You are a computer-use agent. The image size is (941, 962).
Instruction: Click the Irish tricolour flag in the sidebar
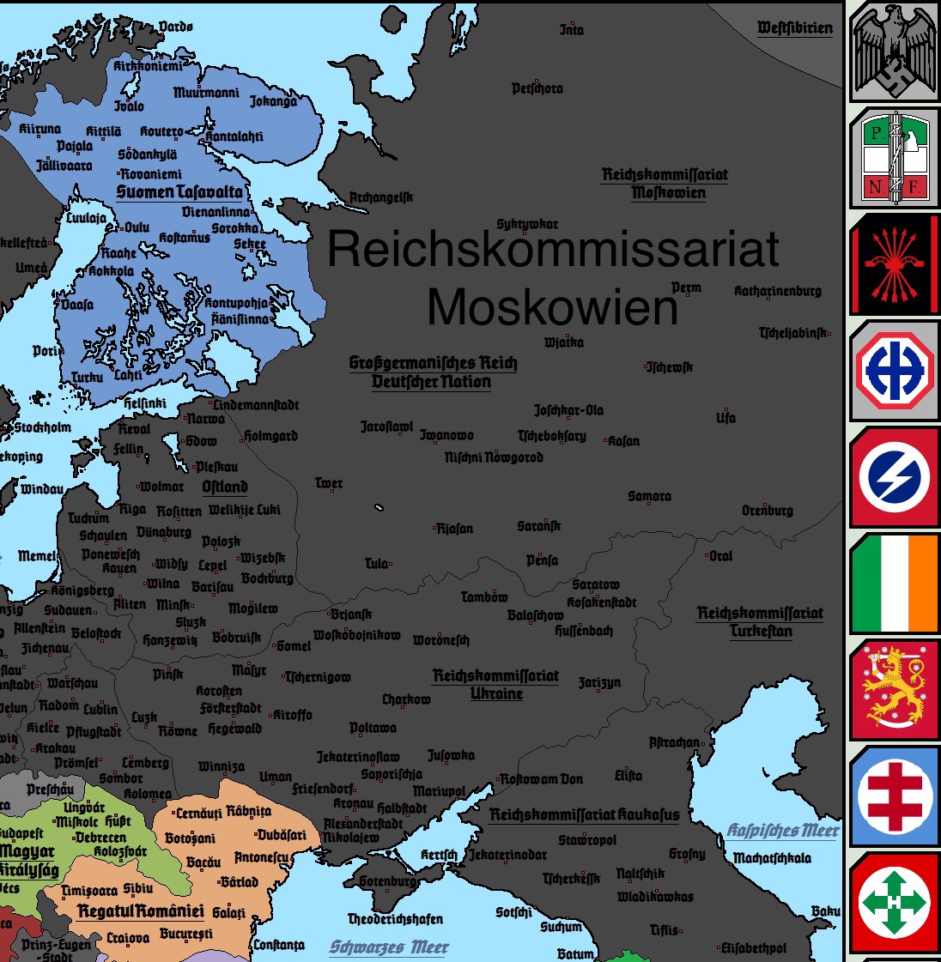pyautogui.click(x=894, y=584)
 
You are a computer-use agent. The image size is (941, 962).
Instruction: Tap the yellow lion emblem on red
pyautogui.click(x=894, y=690)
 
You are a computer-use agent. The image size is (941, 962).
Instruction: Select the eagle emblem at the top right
pyautogui.click(x=894, y=51)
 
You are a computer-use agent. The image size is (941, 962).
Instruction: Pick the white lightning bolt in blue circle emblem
pyautogui.click(x=894, y=476)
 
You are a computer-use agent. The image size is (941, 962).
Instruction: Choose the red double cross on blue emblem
pyautogui.click(x=894, y=797)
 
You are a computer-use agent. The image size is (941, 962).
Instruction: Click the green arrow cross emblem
pyautogui.click(x=894, y=903)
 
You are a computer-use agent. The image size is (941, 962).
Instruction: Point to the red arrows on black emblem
pyautogui.click(x=894, y=264)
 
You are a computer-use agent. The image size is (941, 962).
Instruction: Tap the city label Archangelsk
pyautogui.click(x=380, y=198)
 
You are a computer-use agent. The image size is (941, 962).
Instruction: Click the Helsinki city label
pyautogui.click(x=145, y=402)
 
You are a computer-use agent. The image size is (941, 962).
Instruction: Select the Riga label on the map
pyautogui.click(x=132, y=509)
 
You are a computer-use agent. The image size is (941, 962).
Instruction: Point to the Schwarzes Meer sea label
pyautogui.click(x=389, y=947)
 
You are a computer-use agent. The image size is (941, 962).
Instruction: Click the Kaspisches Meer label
pyautogui.click(x=782, y=831)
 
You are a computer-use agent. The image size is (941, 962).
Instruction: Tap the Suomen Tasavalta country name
pyautogui.click(x=179, y=192)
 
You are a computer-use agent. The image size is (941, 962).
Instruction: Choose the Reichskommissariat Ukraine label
pyautogui.click(x=496, y=684)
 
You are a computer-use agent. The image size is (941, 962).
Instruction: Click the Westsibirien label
pyautogui.click(x=794, y=28)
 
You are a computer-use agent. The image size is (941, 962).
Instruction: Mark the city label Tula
pyautogui.click(x=376, y=564)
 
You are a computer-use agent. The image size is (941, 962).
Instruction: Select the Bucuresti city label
pyautogui.click(x=185, y=934)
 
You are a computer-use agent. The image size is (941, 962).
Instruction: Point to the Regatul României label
pyautogui.click(x=141, y=911)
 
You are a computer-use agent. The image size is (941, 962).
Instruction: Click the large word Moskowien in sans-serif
pyautogui.click(x=552, y=306)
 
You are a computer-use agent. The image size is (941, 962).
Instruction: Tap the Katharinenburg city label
pyautogui.click(x=777, y=291)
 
